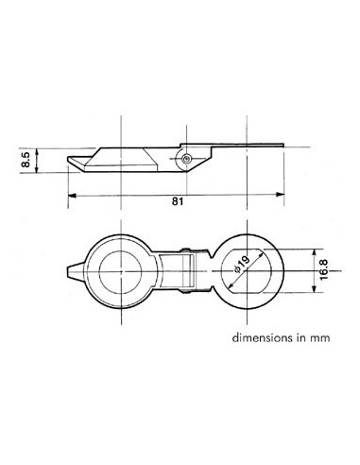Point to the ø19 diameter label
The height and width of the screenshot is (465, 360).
coord(241,268)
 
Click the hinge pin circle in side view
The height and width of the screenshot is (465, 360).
coord(188,159)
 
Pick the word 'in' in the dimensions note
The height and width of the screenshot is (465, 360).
coord(300,336)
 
